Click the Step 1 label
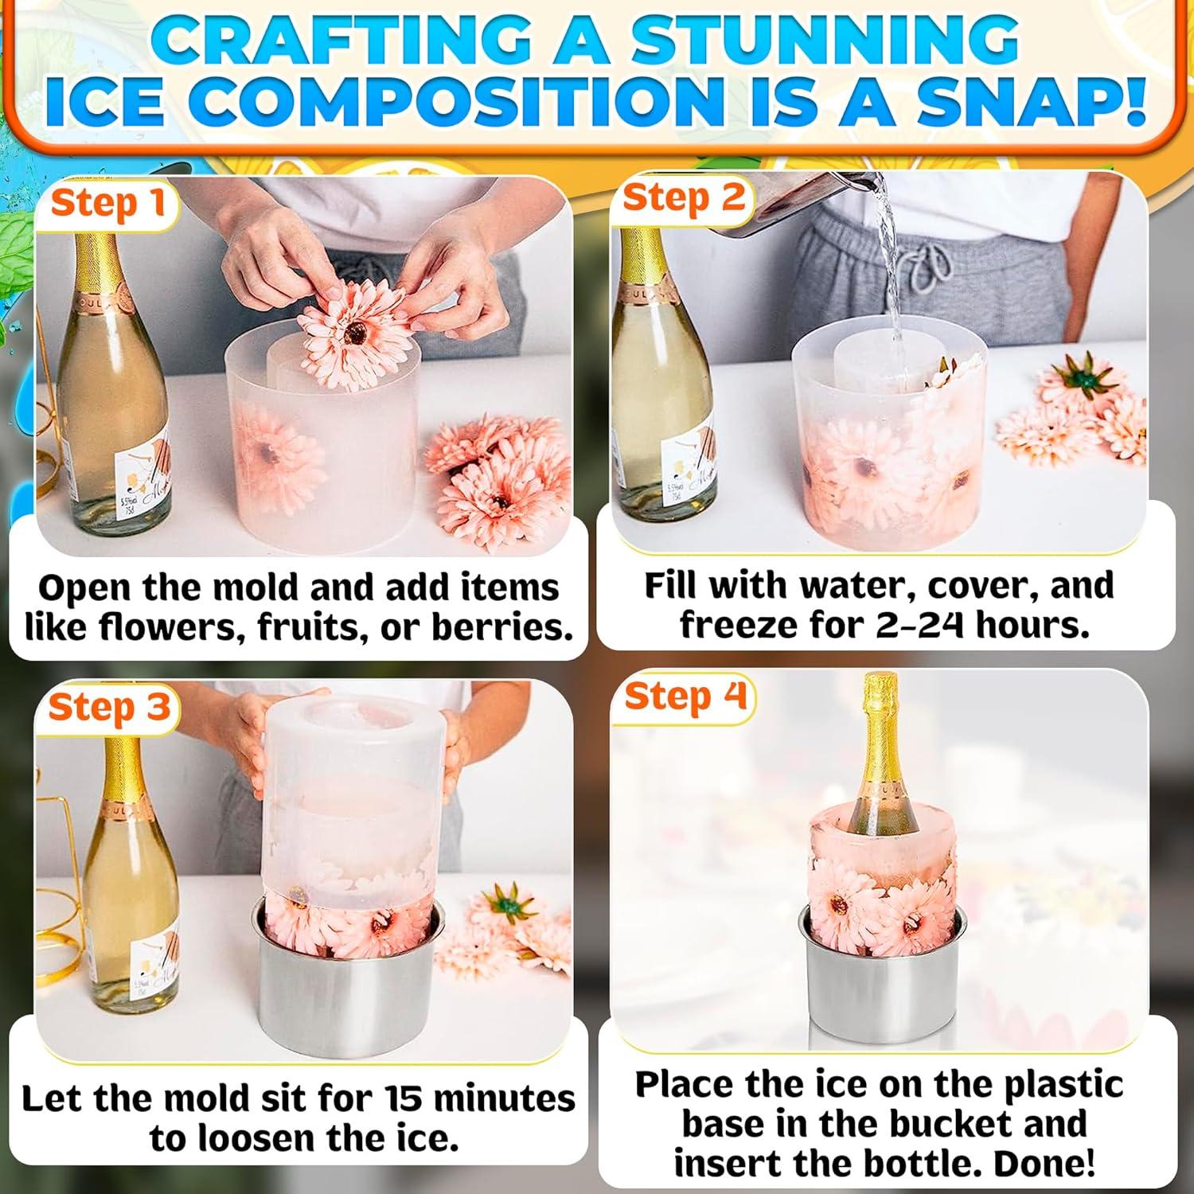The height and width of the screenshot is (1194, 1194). coord(107,204)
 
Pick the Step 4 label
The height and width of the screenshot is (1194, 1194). coord(685,696)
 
